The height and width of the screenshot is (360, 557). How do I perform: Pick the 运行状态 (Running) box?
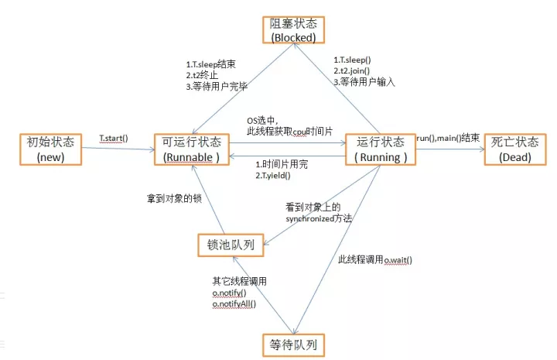tap(378, 149)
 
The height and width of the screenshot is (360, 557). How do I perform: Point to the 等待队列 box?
tap(292, 342)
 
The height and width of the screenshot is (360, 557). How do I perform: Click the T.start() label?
tap(114, 139)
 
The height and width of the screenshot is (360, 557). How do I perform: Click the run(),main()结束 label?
tap(448, 138)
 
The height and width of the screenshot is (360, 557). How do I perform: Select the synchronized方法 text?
tap(319, 219)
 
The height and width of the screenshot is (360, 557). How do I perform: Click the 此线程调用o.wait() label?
tap(375, 259)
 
